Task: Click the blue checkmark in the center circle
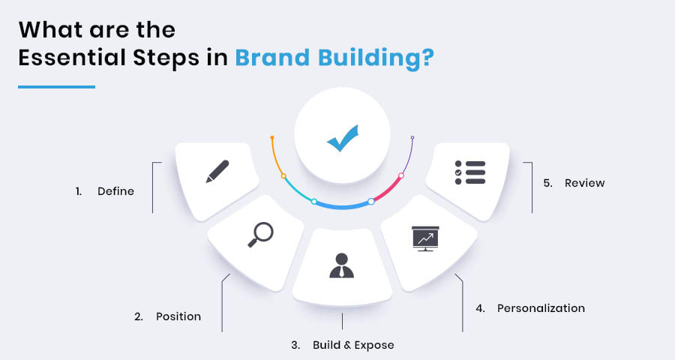coord(342,139)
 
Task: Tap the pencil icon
coord(217,171)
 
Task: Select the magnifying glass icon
coord(259,234)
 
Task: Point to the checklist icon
coord(469,172)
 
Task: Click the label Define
coord(115,191)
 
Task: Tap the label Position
coord(178,316)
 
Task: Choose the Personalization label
coord(541,308)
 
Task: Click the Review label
coord(584,183)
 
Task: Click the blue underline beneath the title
coord(56,87)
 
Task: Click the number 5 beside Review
coord(547,183)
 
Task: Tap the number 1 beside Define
coord(78,191)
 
